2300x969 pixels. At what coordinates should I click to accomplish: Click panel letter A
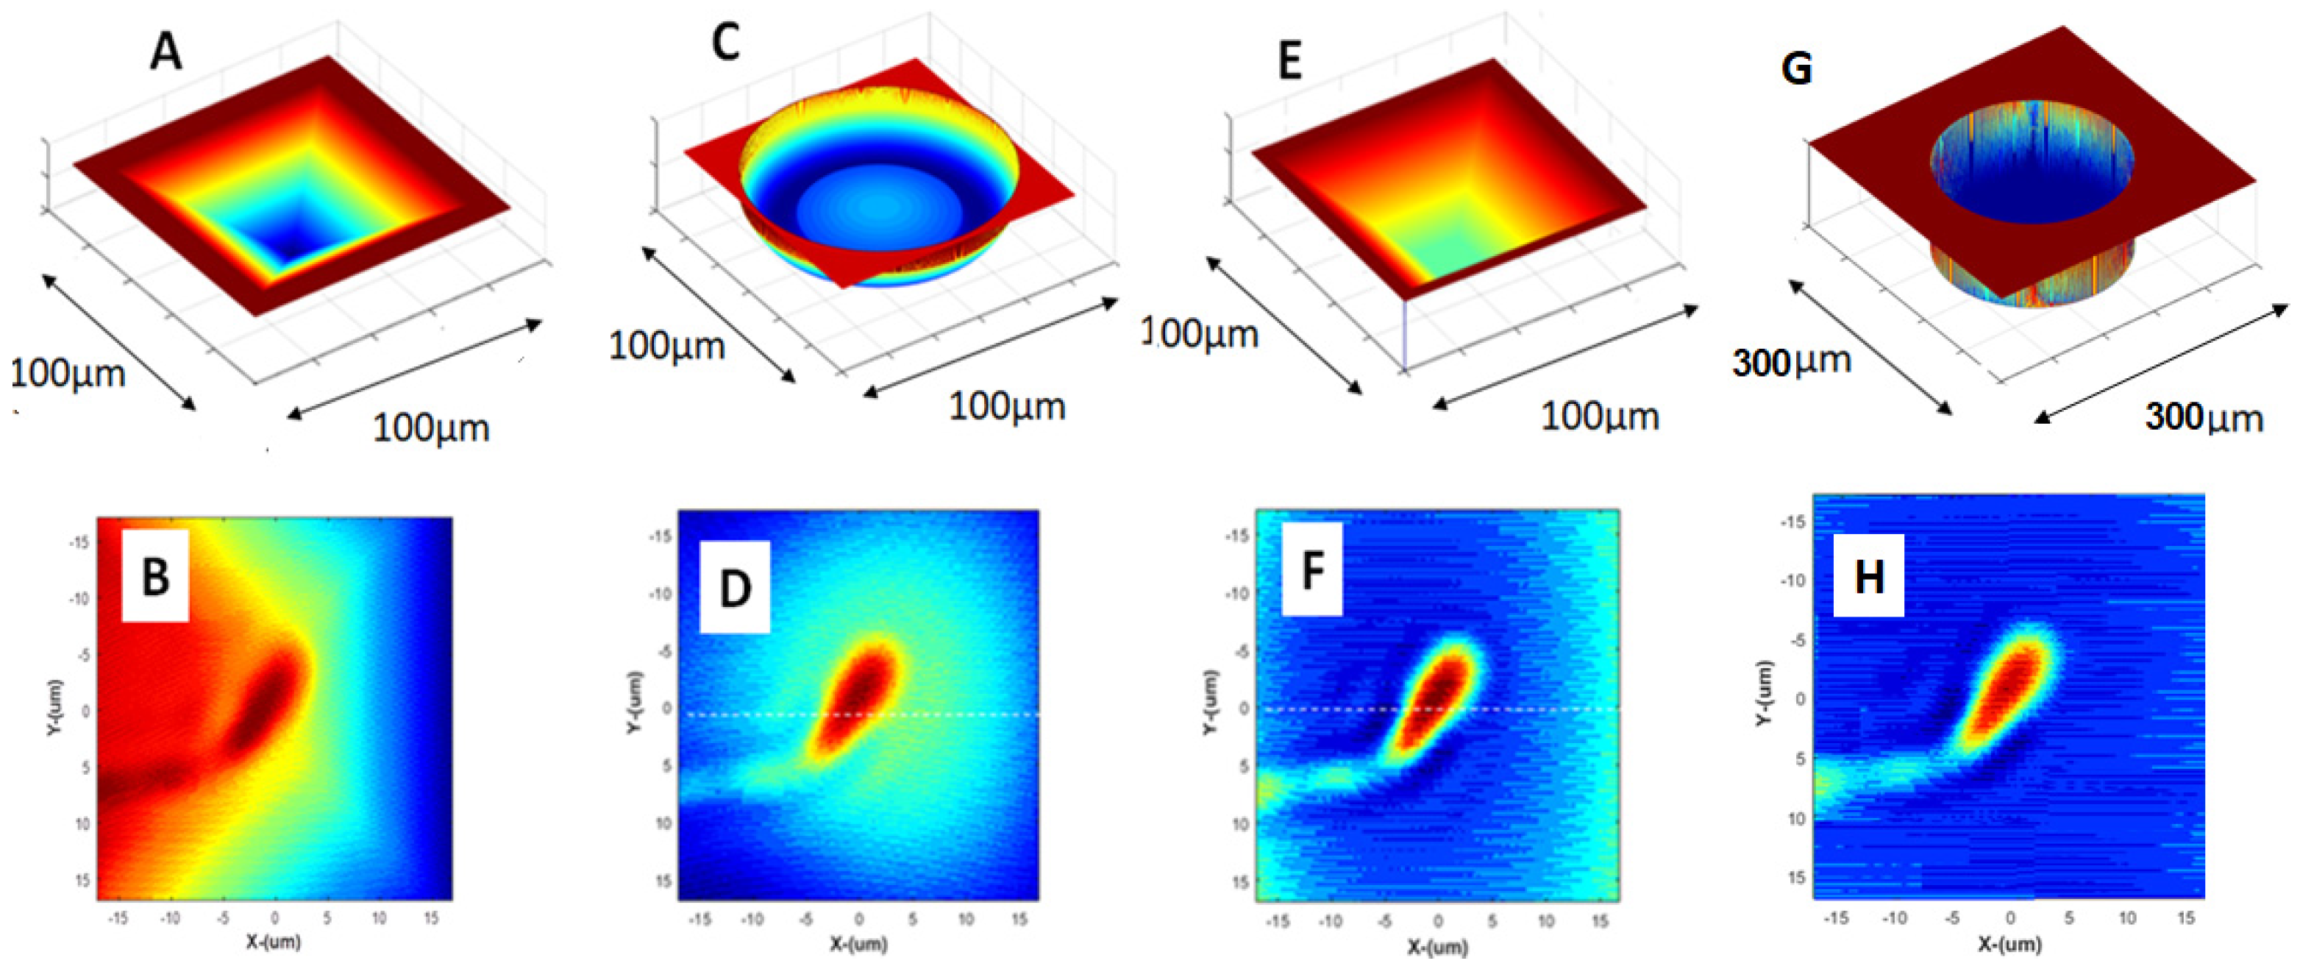pos(166,51)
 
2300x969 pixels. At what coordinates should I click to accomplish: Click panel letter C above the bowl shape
pos(726,43)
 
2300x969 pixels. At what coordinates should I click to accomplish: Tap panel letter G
pos(1796,68)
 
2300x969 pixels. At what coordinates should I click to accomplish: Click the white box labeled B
pos(155,576)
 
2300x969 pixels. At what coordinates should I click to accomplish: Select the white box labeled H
pos(1869,576)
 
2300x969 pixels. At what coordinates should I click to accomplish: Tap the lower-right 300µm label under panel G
pos(2204,418)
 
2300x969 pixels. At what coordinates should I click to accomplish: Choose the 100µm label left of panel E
pos(1201,334)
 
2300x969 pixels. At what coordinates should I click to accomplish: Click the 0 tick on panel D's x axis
pos(859,918)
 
